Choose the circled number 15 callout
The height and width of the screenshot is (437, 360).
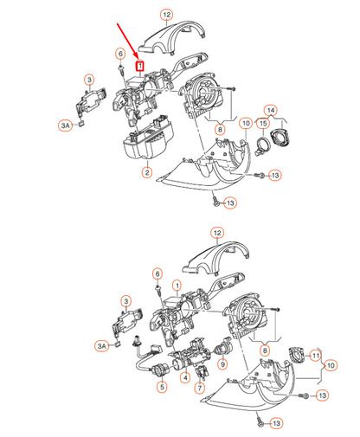tap(261, 124)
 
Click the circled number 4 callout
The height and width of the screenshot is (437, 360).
tap(183, 377)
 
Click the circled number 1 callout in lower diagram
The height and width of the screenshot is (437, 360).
tap(177, 285)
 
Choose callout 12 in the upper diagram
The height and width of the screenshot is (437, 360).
tap(166, 15)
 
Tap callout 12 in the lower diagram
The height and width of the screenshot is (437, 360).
tap(217, 233)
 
